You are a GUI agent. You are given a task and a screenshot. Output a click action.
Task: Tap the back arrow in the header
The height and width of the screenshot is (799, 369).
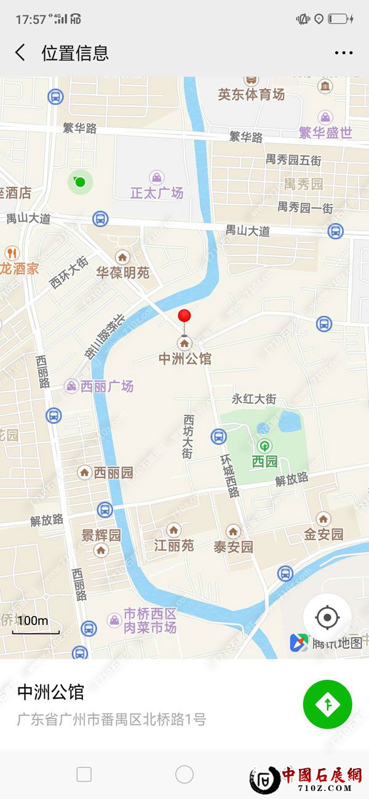point(20,53)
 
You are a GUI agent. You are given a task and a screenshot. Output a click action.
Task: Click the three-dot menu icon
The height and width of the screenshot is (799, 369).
point(344,53)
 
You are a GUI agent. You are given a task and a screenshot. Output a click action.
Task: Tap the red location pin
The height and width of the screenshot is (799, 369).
point(184,317)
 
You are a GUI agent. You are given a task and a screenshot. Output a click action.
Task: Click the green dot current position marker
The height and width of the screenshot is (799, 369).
point(79,181)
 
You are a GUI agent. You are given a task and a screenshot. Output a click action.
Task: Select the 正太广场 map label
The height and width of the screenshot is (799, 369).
point(157,193)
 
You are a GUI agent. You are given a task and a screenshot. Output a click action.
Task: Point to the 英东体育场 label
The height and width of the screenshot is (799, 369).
point(251,94)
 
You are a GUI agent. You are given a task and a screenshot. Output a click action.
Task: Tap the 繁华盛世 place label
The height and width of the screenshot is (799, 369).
point(325,132)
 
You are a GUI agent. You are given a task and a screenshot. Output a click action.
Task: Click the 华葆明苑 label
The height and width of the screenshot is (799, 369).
point(123,272)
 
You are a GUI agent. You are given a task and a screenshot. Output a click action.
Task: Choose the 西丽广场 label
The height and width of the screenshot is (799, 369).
point(108,387)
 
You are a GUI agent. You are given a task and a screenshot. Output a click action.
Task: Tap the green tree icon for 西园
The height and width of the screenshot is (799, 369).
point(265,446)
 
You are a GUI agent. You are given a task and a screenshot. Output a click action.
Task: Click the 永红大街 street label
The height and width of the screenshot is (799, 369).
point(254,399)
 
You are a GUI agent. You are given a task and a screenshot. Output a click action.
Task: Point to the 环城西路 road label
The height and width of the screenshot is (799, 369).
point(229,476)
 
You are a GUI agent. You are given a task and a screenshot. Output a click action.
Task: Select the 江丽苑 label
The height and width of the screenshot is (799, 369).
point(174,545)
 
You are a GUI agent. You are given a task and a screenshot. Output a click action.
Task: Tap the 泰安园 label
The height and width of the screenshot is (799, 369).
point(233,546)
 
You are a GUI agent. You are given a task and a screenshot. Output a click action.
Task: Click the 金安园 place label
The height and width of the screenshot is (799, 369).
point(323,534)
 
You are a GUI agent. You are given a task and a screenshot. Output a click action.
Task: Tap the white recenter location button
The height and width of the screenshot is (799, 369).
point(327,617)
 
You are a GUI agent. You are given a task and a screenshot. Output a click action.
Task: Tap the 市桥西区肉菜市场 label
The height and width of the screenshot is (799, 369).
point(149,621)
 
